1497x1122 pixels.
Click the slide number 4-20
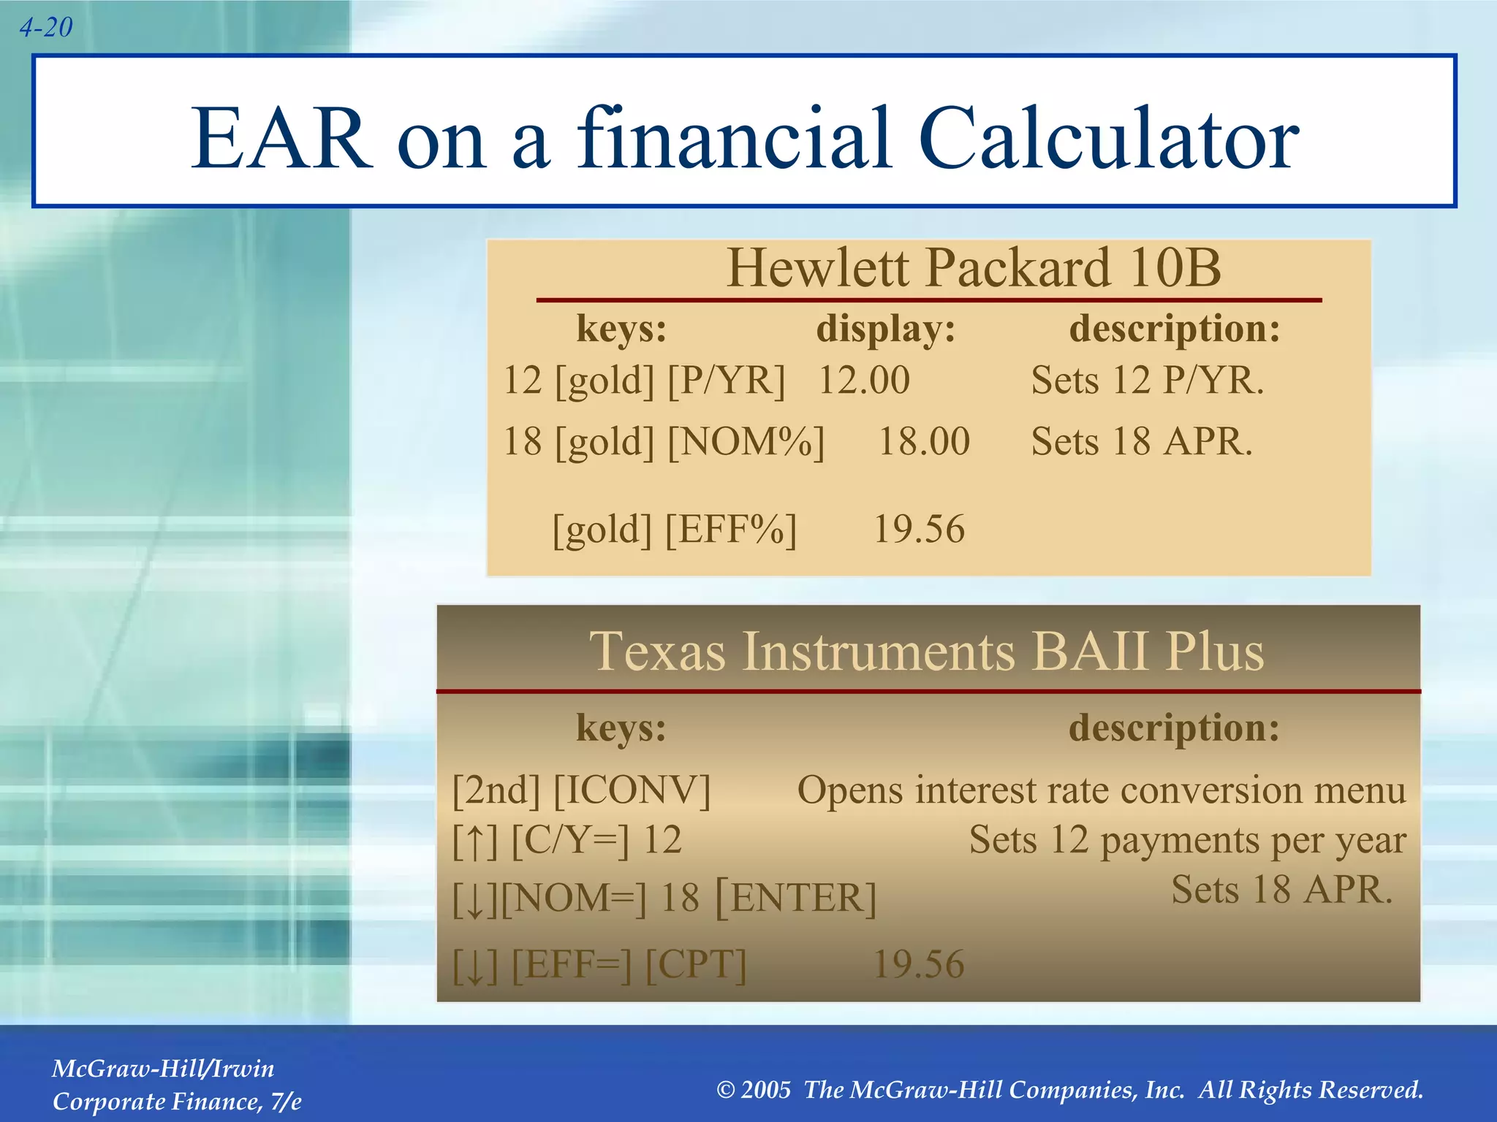45,28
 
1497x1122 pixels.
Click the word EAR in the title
281,139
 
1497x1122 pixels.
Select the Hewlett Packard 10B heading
973,268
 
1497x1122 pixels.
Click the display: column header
886,329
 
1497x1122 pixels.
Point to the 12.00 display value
863,381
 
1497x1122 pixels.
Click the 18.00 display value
924,442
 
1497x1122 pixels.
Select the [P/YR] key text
727,381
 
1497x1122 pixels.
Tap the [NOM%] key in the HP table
746,442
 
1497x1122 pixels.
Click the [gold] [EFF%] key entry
674,529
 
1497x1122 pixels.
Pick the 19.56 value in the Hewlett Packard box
919,529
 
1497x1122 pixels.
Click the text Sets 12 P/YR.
1147,381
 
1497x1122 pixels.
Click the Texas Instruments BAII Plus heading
926,651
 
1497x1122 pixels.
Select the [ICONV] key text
632,790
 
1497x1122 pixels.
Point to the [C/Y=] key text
569,840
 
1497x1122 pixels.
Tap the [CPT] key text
696,965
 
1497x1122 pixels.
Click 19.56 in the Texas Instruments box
919,965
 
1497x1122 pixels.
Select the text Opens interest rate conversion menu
1101,790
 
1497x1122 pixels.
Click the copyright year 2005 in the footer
765,1091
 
